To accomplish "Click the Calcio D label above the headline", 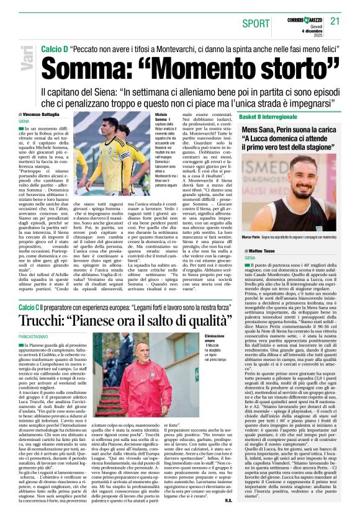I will tap(54, 48).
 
